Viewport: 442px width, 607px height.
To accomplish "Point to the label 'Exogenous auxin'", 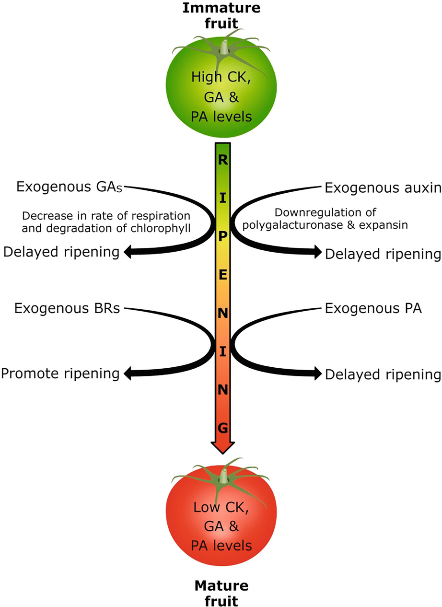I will (383, 187).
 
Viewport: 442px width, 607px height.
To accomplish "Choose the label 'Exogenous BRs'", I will (67, 308).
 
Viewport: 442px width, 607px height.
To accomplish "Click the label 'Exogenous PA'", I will (373, 308).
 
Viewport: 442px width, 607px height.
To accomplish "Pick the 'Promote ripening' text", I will (60, 373).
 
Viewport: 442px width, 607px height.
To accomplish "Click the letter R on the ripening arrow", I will (223, 160).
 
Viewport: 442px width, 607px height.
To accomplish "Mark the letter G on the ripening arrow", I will (223, 428).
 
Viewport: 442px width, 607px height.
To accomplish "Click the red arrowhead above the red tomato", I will (223, 447).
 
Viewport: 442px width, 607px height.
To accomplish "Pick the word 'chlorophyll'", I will (165, 227).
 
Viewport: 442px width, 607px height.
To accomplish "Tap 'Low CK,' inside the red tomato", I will (221, 507).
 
